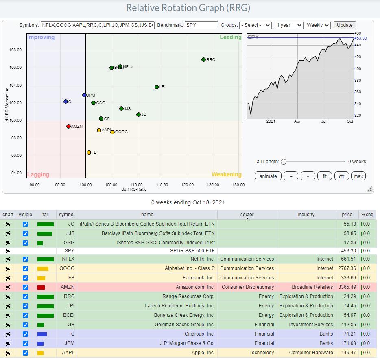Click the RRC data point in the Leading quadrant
click(x=203, y=60)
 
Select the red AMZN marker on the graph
click(x=68, y=127)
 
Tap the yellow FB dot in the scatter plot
click(x=89, y=152)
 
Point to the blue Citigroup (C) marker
click(x=66, y=101)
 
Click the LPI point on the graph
click(x=157, y=87)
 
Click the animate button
click(x=268, y=176)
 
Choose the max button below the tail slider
click(x=358, y=176)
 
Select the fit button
click(x=325, y=176)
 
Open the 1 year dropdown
click(x=288, y=25)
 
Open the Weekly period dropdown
click(x=317, y=25)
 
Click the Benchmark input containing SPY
click(x=201, y=25)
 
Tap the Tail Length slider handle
click(x=284, y=162)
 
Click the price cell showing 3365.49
click(x=347, y=287)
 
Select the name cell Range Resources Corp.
click(x=188, y=296)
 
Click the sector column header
click(x=247, y=215)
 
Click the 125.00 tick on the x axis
click(x=213, y=185)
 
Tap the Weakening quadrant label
click(x=226, y=175)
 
